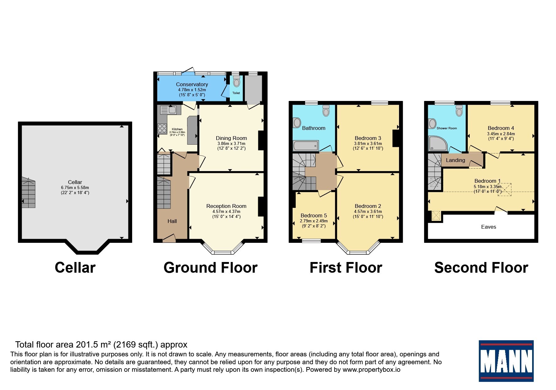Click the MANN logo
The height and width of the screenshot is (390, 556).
click(506, 361)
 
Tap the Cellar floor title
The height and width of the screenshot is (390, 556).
click(75, 268)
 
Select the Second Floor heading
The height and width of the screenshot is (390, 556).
click(481, 268)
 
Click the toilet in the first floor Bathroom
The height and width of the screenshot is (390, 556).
click(326, 110)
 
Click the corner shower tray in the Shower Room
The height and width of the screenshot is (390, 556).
click(438, 143)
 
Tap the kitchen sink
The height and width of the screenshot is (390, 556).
click(169, 110)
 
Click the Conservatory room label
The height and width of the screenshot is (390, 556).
click(192, 84)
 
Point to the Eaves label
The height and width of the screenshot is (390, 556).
click(489, 227)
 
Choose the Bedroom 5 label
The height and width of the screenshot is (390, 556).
click(314, 215)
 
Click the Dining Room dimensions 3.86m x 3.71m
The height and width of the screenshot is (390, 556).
click(231, 143)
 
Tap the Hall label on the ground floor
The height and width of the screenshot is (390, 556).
click(172, 221)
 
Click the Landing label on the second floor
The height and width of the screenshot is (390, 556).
click(455, 160)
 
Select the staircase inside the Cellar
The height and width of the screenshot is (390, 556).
click(29, 192)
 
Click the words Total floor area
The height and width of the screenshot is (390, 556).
click(44, 345)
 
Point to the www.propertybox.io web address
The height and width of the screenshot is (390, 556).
click(371, 370)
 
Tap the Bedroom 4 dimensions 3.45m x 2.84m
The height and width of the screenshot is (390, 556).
click(501, 134)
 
